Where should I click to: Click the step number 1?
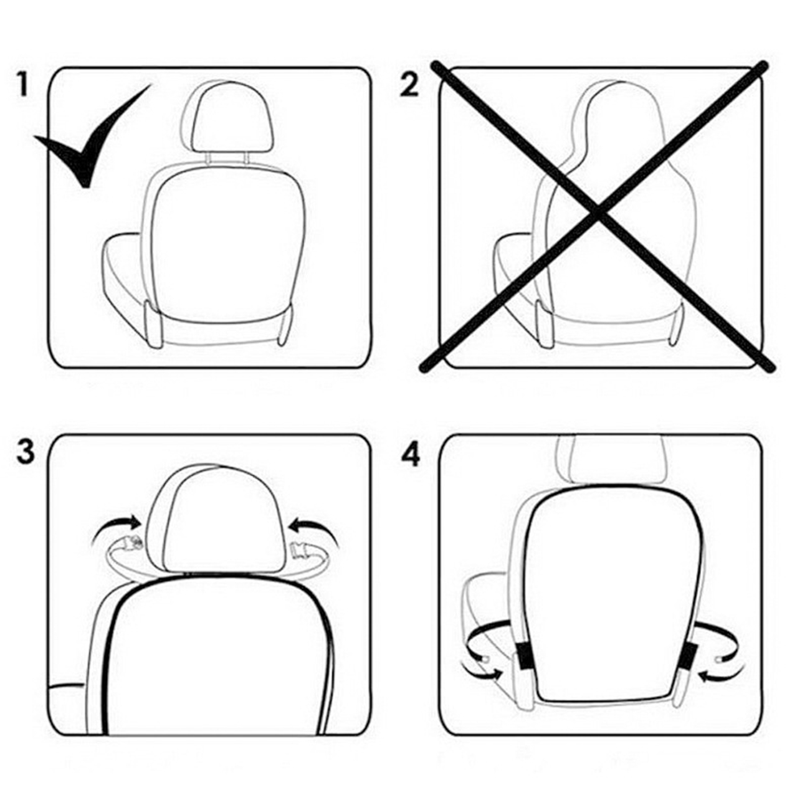(x=22, y=84)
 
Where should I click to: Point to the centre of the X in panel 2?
(x=598, y=214)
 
